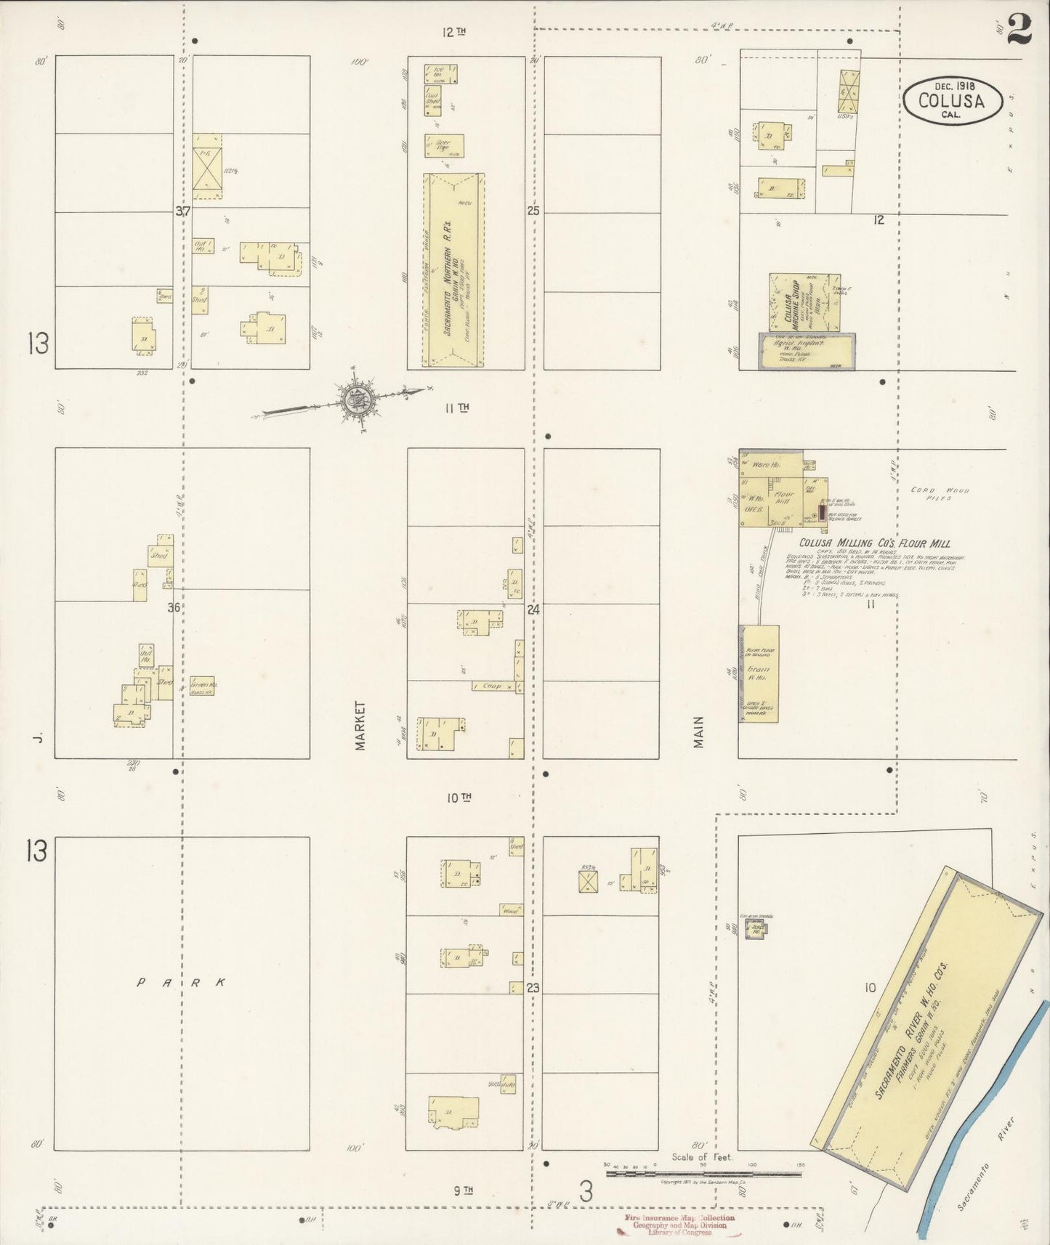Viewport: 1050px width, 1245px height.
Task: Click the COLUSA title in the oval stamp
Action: (x=951, y=100)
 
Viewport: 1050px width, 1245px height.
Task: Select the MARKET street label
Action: (x=361, y=726)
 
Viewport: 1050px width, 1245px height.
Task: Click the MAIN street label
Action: (x=698, y=732)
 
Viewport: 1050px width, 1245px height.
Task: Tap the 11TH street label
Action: (x=457, y=407)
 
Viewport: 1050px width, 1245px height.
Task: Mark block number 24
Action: (x=533, y=610)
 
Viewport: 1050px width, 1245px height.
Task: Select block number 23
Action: (x=533, y=988)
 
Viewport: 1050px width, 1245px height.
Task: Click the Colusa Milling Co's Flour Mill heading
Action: (x=874, y=543)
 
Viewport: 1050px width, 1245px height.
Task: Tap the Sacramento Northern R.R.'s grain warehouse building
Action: (x=454, y=270)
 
